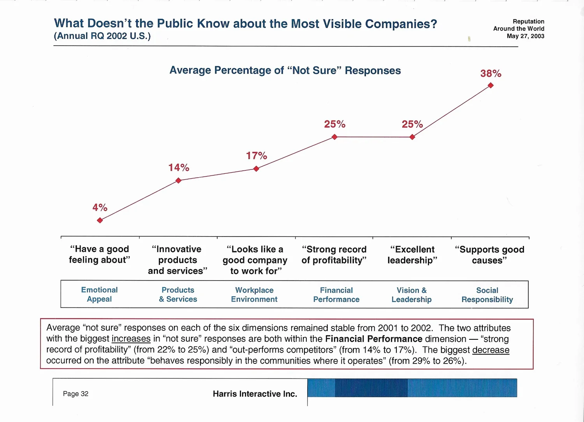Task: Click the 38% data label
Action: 491,74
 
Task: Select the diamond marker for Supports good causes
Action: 491,85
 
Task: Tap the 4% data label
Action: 100,207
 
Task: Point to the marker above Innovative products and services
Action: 178,180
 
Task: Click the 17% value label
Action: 256,156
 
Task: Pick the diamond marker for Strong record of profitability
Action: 334,137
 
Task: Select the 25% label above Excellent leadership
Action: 412,124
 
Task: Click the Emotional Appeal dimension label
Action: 99,295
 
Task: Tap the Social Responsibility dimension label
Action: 487,295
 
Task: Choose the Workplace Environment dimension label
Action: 254,295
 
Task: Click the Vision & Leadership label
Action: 412,295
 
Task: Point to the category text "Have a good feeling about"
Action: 99,254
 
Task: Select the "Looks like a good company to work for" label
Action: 255,260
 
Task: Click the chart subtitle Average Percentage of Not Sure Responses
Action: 285,71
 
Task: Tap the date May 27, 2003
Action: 525,36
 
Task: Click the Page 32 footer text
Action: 76,394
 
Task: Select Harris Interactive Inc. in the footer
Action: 255,394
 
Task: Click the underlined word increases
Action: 131,339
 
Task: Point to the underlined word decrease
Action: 491,350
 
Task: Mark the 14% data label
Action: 178,168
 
